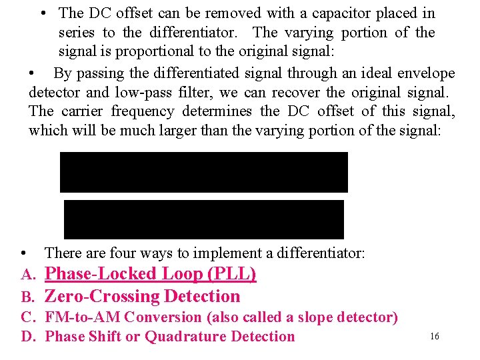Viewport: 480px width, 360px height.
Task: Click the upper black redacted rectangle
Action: click(x=204, y=172)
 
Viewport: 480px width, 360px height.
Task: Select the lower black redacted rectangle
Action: click(x=204, y=219)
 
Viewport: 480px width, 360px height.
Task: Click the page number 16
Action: click(x=435, y=337)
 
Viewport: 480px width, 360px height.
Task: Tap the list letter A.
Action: click(x=27, y=275)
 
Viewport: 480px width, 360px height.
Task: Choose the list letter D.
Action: click(x=27, y=337)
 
